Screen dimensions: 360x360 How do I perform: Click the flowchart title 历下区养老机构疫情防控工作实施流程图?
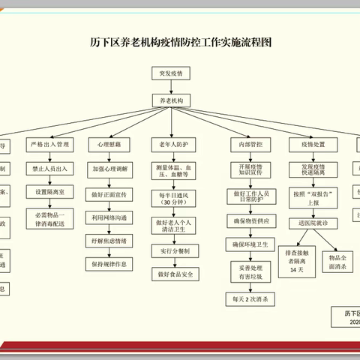point(180,42)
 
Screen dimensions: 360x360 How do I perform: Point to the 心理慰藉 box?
point(110,142)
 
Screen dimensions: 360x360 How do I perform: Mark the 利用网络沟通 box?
point(110,217)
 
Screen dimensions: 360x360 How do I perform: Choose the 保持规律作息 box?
point(110,263)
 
